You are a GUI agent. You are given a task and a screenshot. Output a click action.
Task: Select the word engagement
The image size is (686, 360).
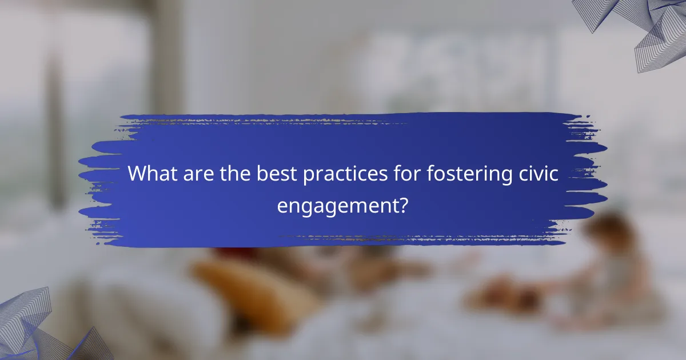click(337, 205)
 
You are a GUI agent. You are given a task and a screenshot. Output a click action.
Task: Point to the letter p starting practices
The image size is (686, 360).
click(308, 176)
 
